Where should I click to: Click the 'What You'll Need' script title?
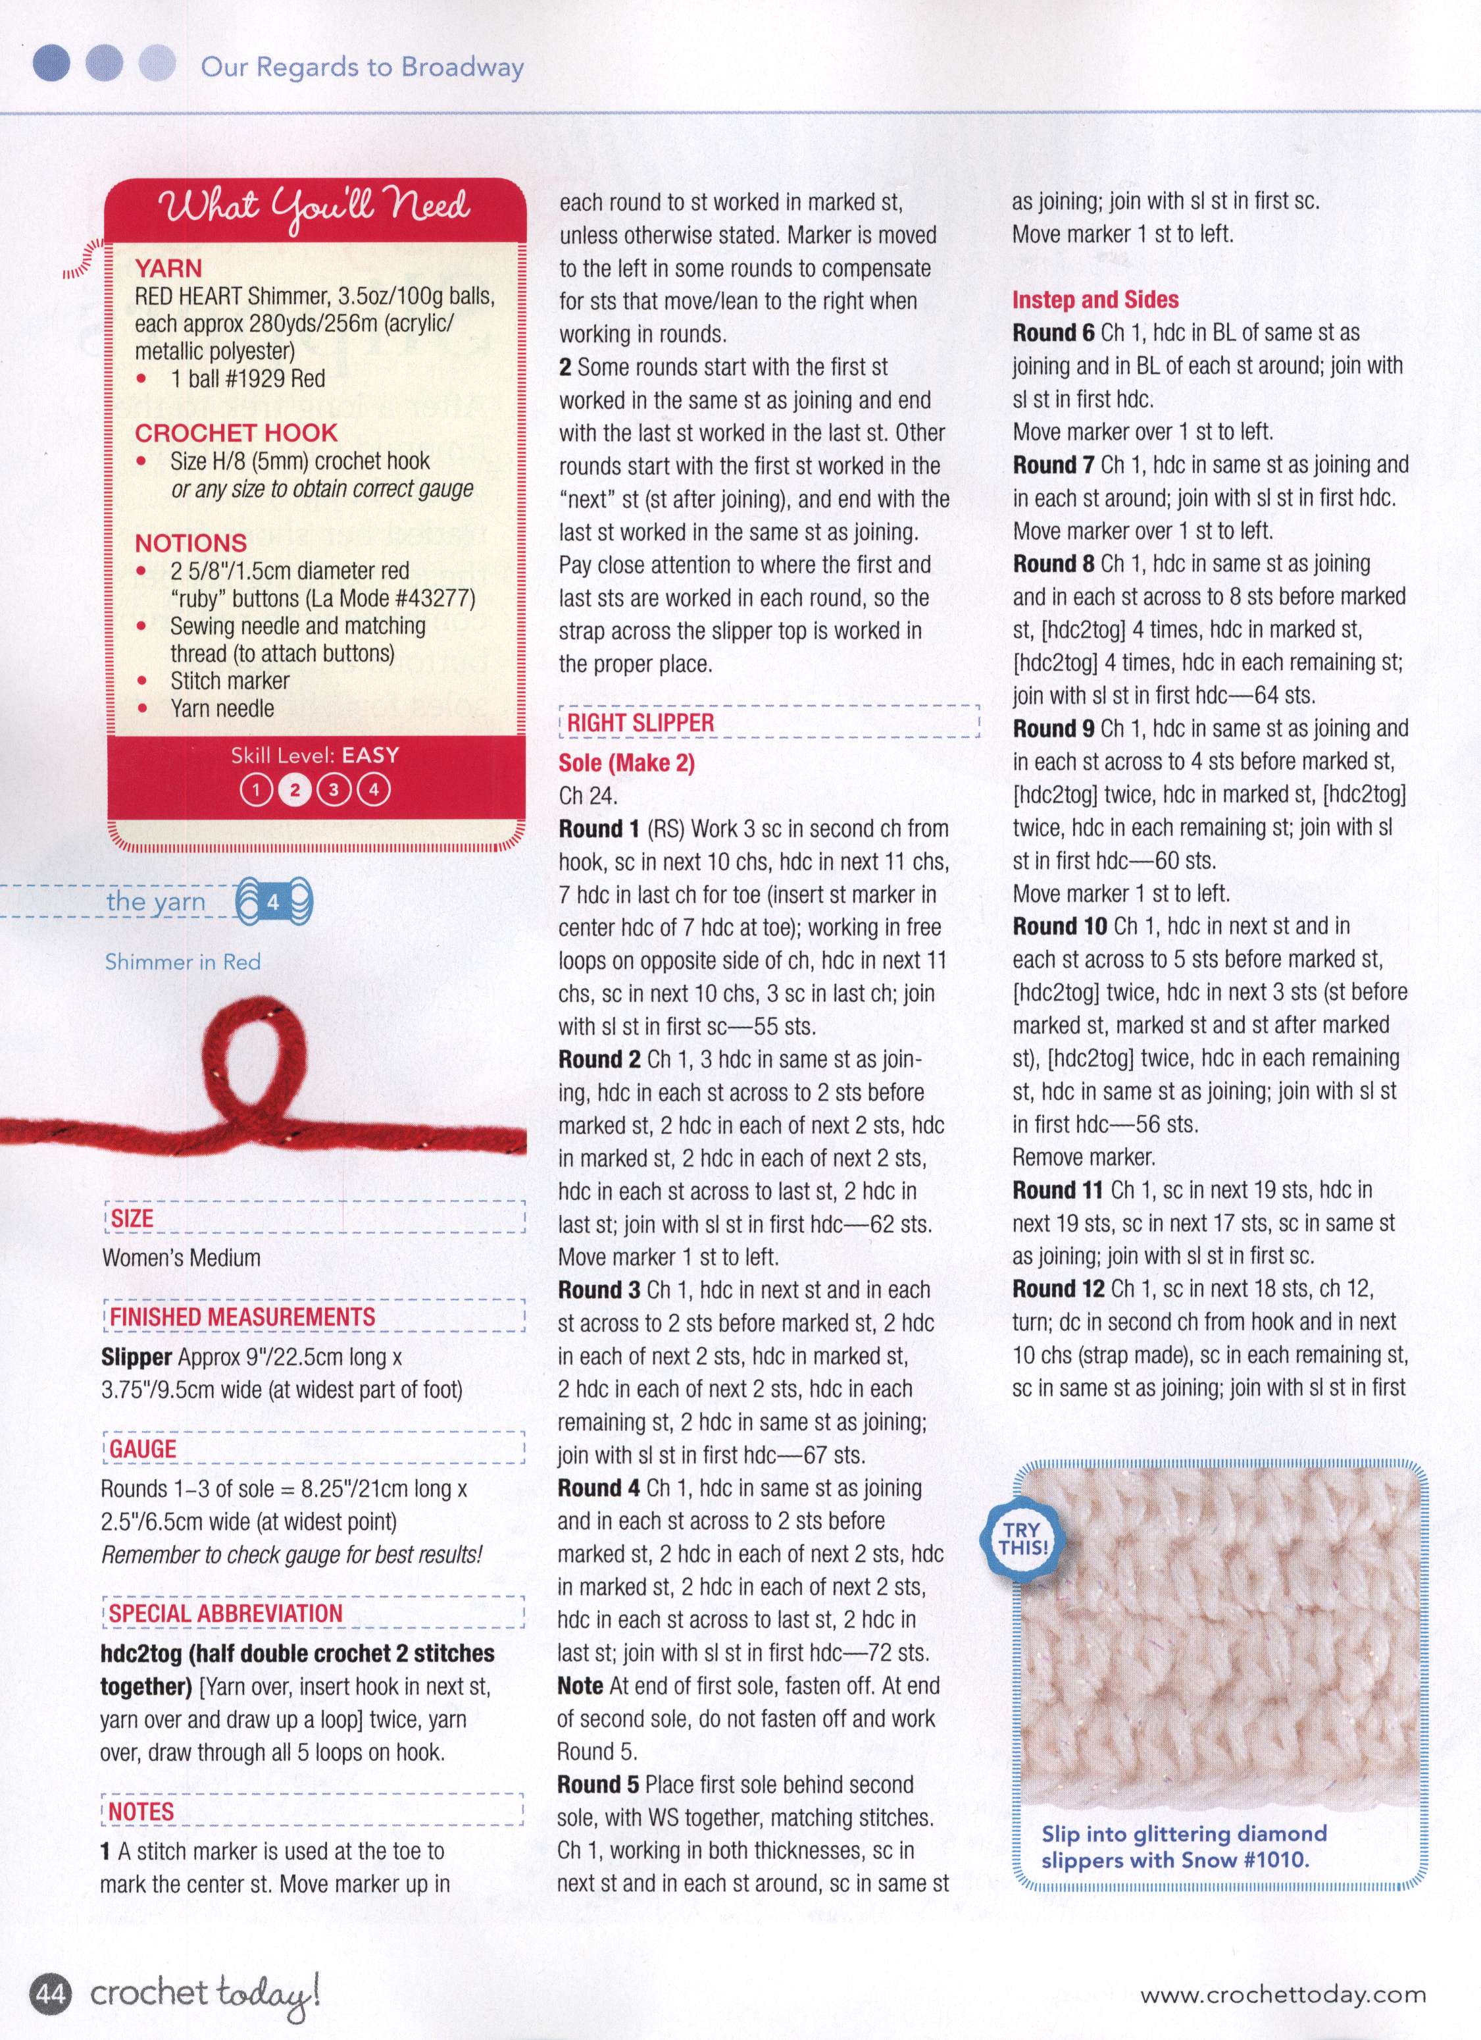pyautogui.click(x=314, y=208)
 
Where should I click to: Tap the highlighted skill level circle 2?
pyautogui.click(x=294, y=791)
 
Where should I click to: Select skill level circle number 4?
pyautogui.click(x=373, y=791)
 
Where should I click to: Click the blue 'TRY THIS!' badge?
pyautogui.click(x=1022, y=1538)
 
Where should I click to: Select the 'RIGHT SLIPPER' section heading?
pyautogui.click(x=640, y=723)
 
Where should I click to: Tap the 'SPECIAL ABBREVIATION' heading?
pyautogui.click(x=226, y=1613)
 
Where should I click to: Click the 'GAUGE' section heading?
pyautogui.click(x=143, y=1449)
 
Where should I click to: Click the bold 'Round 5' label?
pyautogui.click(x=598, y=1785)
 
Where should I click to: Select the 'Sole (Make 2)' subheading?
pyautogui.click(x=626, y=763)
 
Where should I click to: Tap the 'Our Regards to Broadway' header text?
pyautogui.click(x=361, y=66)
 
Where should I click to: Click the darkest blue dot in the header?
pyautogui.click(x=51, y=64)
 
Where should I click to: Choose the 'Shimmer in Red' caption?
pyautogui.click(x=182, y=962)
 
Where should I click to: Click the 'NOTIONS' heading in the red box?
pyautogui.click(x=191, y=543)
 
